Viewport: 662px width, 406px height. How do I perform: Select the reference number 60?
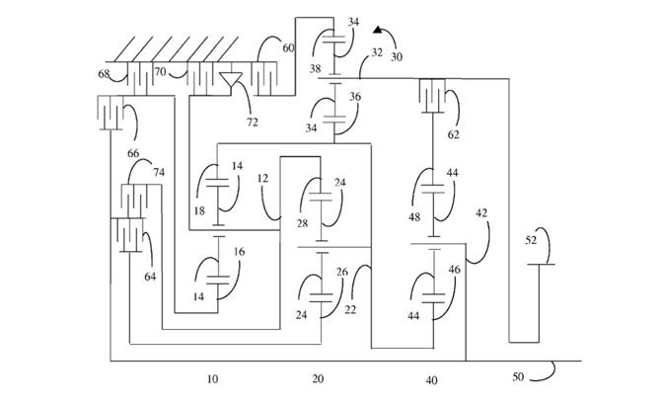[x=288, y=47]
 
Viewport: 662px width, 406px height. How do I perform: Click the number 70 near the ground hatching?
[x=160, y=72]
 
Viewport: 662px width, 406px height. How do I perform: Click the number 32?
[x=377, y=50]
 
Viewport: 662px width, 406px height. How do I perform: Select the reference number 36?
[x=354, y=97]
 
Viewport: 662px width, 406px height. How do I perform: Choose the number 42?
[x=482, y=211]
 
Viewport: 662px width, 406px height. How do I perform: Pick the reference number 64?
[x=150, y=277]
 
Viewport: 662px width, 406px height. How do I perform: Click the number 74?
[x=158, y=171]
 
